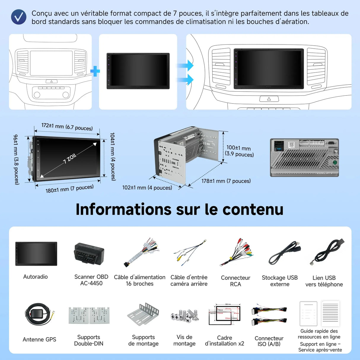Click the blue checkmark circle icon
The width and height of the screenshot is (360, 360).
[19, 17]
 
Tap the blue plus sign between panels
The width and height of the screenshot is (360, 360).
[95, 71]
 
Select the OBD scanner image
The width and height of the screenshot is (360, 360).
[89, 254]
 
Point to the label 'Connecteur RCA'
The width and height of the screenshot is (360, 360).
[235, 281]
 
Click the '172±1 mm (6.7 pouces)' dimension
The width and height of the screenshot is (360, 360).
[67, 127]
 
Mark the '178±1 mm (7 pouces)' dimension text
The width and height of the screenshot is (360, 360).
[226, 181]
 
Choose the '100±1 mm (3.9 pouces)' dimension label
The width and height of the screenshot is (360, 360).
[239, 151]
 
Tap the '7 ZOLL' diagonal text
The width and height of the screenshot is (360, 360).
[70, 158]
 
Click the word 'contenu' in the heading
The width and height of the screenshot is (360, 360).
[253, 209]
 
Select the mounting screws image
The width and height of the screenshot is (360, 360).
[184, 316]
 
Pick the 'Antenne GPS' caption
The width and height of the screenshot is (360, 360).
[39, 340]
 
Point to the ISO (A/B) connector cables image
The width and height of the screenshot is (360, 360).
[269, 316]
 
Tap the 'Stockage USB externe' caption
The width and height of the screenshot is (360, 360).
[280, 281]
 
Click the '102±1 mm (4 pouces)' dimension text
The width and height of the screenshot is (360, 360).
[147, 188]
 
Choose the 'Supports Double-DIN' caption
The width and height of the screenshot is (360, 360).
[89, 340]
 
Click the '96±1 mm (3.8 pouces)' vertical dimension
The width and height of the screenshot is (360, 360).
[16, 160]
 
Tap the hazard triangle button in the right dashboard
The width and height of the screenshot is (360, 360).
[269, 99]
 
